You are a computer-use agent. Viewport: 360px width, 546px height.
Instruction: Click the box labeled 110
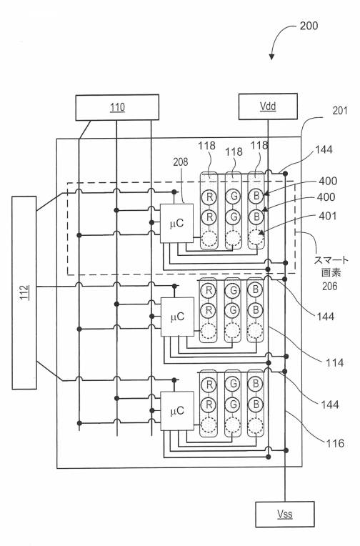[x=117, y=107]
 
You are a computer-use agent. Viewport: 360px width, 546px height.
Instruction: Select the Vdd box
[x=268, y=106]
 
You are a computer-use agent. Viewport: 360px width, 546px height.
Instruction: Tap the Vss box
[x=285, y=515]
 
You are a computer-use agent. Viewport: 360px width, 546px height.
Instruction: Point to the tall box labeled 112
[x=24, y=292]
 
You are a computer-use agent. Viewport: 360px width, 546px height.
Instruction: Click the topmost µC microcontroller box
[x=176, y=223]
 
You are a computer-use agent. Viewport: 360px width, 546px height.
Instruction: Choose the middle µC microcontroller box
[x=177, y=317]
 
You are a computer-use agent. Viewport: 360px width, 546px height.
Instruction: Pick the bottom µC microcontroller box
[x=177, y=411]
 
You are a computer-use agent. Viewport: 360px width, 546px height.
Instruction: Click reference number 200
[x=309, y=26]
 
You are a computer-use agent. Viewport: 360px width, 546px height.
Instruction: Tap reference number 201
[x=340, y=111]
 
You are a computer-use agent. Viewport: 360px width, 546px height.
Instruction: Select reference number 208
[x=180, y=162]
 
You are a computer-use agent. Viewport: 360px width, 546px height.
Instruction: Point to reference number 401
[x=328, y=216]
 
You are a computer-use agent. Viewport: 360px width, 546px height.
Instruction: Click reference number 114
[x=334, y=363]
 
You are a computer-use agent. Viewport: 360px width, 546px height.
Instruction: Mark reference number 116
[x=335, y=443]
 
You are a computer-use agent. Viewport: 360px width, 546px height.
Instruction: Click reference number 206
[x=329, y=287]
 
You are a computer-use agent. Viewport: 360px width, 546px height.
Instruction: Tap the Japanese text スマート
[x=331, y=260]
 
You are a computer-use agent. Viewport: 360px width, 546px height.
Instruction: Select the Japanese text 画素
[x=331, y=272]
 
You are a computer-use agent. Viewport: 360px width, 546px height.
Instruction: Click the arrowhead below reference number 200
[x=271, y=56]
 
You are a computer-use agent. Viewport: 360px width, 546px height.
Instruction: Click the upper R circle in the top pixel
[x=209, y=197]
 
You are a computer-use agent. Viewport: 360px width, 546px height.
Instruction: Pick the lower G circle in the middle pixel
[x=233, y=310]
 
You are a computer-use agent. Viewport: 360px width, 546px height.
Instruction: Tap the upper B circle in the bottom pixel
[x=255, y=384]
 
